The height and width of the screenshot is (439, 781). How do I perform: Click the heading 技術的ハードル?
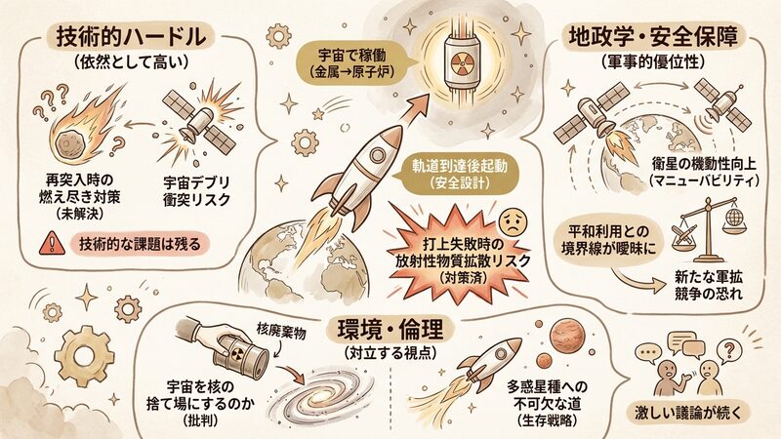(x=131, y=36)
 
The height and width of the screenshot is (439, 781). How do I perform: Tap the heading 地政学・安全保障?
(x=653, y=36)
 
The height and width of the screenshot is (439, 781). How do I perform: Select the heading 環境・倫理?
(x=390, y=329)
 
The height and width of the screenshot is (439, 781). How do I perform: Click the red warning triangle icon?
(x=52, y=243)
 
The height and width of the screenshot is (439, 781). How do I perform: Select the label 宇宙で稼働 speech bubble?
(x=353, y=63)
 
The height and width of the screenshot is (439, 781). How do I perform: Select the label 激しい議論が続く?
(x=688, y=412)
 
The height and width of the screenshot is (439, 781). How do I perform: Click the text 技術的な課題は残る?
(x=140, y=244)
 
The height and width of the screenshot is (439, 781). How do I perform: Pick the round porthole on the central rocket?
(x=377, y=155)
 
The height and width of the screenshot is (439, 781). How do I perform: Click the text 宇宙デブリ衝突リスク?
(x=197, y=190)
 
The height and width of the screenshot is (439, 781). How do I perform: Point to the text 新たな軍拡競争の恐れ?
(x=709, y=285)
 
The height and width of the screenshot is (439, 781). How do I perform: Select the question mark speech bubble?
(x=729, y=348)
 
